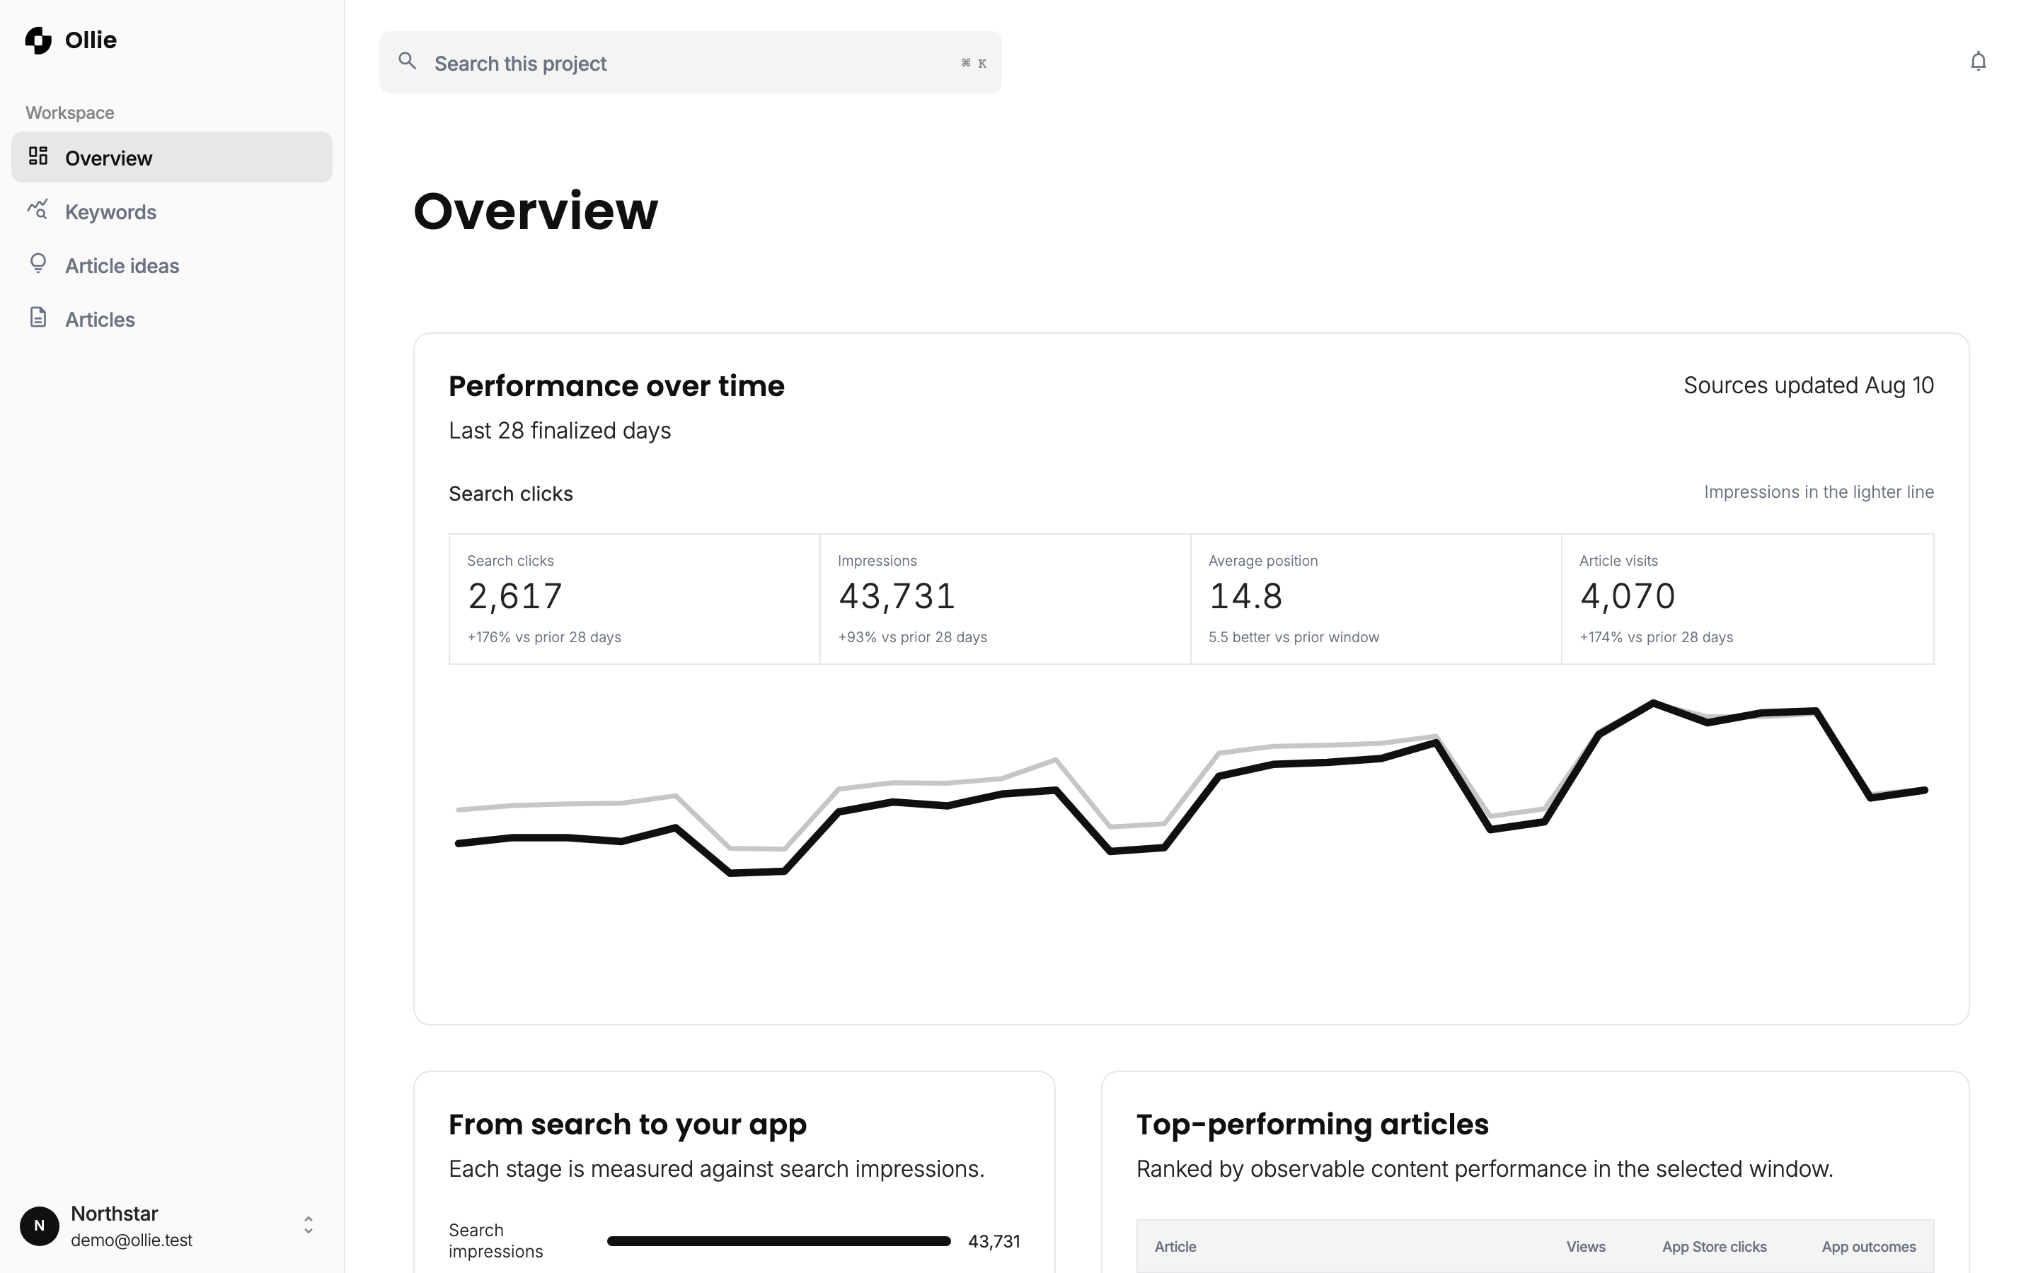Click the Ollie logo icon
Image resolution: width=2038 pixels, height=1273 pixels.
tap(38, 40)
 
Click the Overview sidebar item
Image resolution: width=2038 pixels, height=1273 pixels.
tap(172, 158)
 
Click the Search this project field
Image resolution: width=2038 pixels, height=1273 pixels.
tap(690, 63)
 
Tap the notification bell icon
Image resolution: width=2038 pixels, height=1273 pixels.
tap(1979, 62)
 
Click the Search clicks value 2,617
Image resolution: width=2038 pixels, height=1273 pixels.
tap(514, 596)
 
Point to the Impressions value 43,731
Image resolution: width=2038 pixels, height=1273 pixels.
tap(896, 596)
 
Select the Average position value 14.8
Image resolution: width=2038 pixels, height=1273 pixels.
tap(1245, 596)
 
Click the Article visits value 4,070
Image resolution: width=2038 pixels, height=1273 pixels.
tap(1627, 596)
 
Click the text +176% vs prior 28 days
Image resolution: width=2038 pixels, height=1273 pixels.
tap(544, 637)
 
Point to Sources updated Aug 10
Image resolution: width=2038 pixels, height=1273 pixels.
tap(1808, 385)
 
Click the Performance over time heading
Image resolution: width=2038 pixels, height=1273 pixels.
tap(616, 386)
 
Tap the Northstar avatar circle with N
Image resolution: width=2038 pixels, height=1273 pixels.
tap(40, 1226)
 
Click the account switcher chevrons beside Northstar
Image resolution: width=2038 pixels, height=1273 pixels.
tap(309, 1226)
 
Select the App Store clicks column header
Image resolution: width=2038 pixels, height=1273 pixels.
tap(1714, 1247)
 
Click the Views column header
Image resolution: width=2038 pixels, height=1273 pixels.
tap(1586, 1247)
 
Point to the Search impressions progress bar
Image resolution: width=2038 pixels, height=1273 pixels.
tap(779, 1241)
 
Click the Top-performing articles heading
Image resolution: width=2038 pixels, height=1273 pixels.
tap(1312, 1124)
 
